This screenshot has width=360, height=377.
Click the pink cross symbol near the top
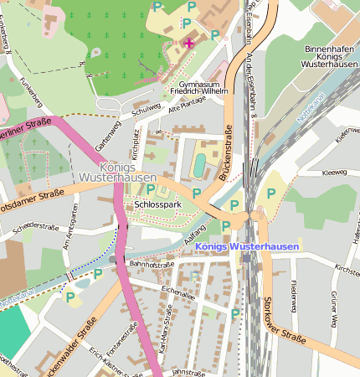pos(189,43)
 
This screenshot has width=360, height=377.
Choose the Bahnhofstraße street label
pos(151,265)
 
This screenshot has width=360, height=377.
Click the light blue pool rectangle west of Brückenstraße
pos(198,165)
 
